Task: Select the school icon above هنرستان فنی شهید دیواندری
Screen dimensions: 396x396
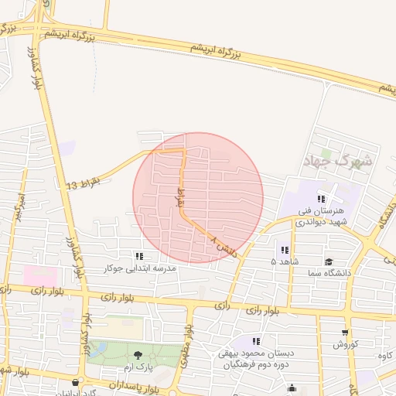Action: click(321, 199)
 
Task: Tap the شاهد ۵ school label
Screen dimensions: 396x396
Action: click(284, 261)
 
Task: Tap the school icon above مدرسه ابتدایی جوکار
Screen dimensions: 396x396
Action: click(139, 256)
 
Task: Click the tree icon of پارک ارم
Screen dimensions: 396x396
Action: click(138, 354)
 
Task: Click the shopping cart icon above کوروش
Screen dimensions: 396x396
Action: click(344, 333)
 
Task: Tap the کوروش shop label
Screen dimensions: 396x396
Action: click(343, 344)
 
